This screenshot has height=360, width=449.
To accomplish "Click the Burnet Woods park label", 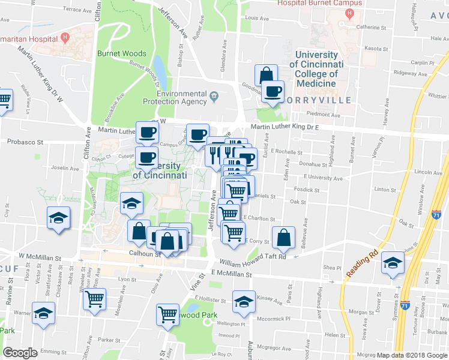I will (x=122, y=53).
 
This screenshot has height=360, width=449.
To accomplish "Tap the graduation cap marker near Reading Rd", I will (x=393, y=264).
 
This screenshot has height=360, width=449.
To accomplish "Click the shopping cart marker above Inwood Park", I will (x=168, y=314).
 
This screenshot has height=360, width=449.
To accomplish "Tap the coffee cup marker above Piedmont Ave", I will (x=273, y=92).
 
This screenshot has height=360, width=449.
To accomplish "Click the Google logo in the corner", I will (x=20, y=353).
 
